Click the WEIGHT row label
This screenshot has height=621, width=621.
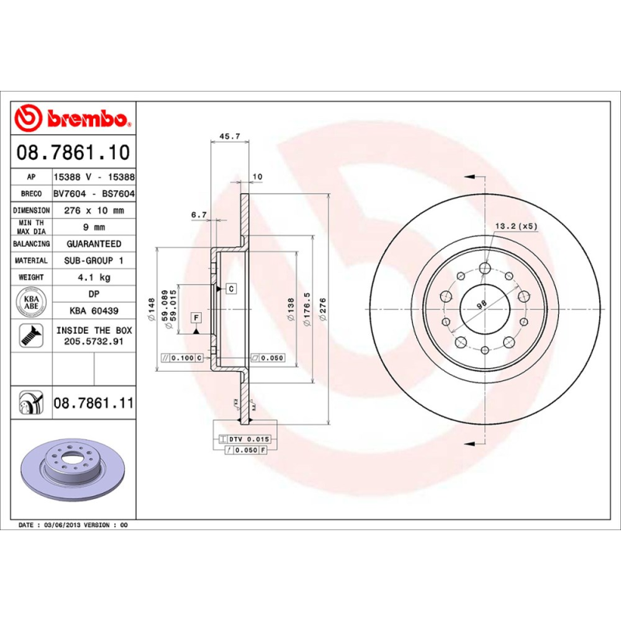[31, 277]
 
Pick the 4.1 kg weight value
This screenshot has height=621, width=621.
[94, 277]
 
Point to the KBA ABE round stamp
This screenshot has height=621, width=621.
[31, 300]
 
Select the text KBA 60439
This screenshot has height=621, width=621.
[94, 310]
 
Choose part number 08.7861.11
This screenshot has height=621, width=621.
[94, 404]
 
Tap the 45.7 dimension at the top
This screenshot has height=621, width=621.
[230, 136]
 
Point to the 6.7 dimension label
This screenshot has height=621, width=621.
[199, 215]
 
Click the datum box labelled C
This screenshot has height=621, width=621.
[231, 289]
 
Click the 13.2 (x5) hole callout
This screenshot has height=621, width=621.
[516, 226]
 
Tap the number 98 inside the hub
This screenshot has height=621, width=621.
[480, 305]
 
